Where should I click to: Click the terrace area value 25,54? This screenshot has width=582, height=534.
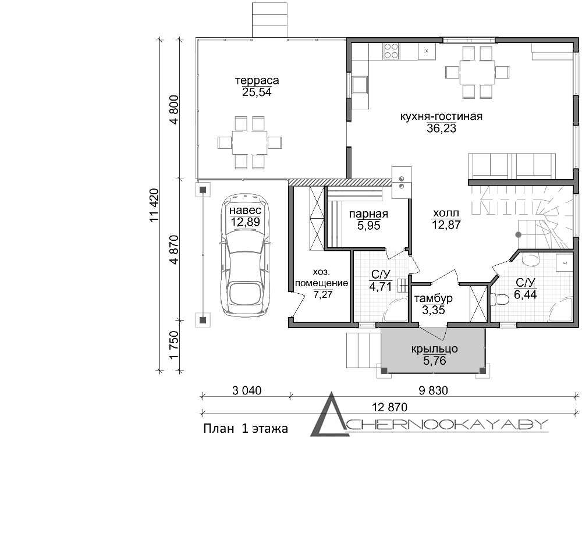pyautogui.click(x=257, y=92)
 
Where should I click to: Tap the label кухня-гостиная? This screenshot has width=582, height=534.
pyautogui.click(x=441, y=116)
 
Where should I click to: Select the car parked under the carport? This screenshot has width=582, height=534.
pyautogui.click(x=245, y=255)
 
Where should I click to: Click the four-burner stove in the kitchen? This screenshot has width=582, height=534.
pyautogui.click(x=392, y=51)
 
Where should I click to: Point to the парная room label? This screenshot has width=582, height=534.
pyautogui.click(x=368, y=213)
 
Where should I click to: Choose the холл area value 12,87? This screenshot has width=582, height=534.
pyautogui.click(x=446, y=225)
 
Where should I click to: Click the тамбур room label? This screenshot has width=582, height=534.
pyautogui.click(x=433, y=298)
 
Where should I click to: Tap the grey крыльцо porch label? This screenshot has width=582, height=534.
pyautogui.click(x=434, y=349)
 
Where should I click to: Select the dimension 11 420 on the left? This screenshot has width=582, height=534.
pyautogui.click(x=154, y=205)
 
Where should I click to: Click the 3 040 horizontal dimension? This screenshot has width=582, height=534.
pyautogui.click(x=247, y=390)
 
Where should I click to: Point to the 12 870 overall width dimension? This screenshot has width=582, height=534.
pyautogui.click(x=389, y=407)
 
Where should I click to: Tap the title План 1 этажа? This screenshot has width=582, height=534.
pyautogui.click(x=246, y=429)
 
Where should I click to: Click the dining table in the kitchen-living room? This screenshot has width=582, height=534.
pyautogui.click(x=477, y=72)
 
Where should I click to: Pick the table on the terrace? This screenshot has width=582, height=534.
pyautogui.click(x=250, y=142)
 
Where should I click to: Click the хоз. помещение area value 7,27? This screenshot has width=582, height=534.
pyautogui.click(x=323, y=295)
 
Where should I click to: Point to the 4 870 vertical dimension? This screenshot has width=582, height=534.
pyautogui.click(x=174, y=249)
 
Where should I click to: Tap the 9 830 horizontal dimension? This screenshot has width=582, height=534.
pyautogui.click(x=433, y=390)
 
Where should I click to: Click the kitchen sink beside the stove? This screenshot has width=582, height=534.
pyautogui.click(x=427, y=51)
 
